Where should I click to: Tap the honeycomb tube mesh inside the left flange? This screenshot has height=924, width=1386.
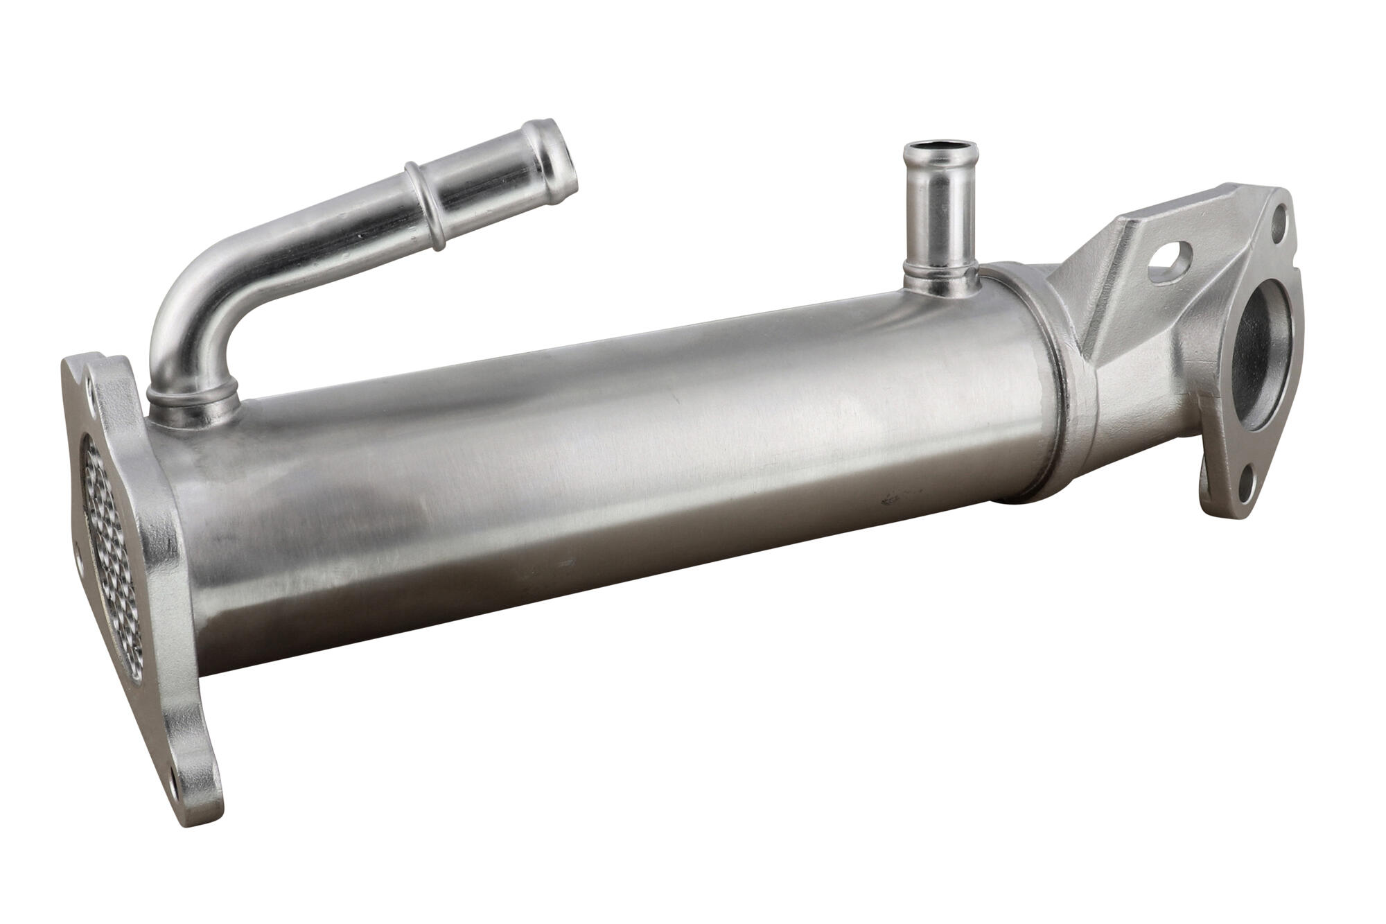tap(111, 548)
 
